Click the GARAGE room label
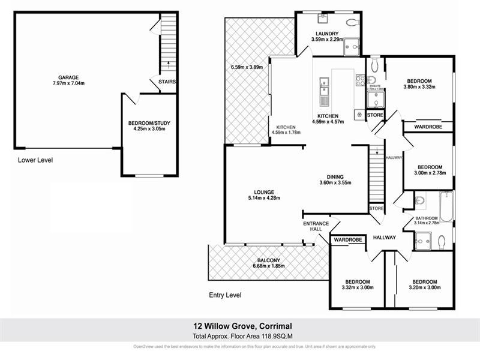68,77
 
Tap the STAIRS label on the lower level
167,82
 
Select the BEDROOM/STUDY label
146,123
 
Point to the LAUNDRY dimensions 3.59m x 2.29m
327,40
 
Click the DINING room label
335,176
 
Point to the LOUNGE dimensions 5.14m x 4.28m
264,198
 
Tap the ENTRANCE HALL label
312,226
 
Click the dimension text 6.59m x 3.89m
247,67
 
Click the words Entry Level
225,295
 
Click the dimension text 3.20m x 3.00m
424,287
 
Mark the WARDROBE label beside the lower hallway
349,240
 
